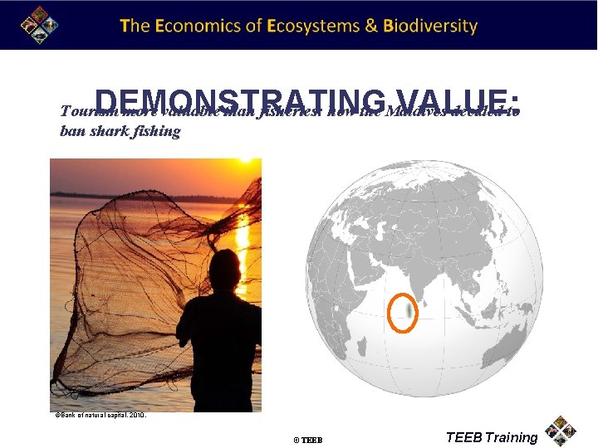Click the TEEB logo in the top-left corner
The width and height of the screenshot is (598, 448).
[x=39, y=24]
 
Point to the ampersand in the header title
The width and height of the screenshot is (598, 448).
[x=372, y=25]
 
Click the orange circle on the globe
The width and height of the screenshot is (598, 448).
[x=404, y=312]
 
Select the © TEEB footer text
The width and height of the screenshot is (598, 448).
[x=307, y=439]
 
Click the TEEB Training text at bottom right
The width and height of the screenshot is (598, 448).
[x=492, y=437]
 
